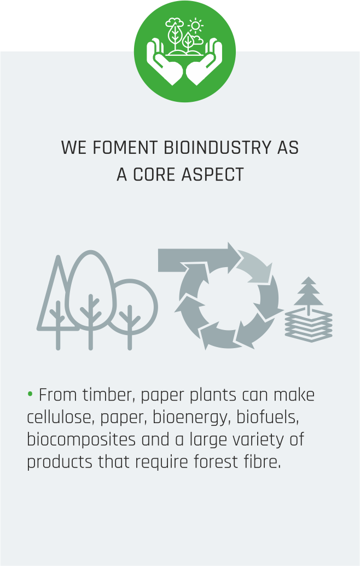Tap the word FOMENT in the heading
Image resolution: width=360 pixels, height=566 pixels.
point(125,148)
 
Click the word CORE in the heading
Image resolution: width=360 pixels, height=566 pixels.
point(154,175)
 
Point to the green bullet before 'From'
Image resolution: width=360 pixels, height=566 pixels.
point(30,394)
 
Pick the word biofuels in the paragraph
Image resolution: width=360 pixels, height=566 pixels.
point(268,417)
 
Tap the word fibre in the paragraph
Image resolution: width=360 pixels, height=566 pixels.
point(262,462)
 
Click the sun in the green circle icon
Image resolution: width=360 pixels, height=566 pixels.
point(195,26)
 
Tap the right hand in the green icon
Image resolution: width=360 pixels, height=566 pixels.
point(205,63)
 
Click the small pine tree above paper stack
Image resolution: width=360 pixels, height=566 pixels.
point(309,293)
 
